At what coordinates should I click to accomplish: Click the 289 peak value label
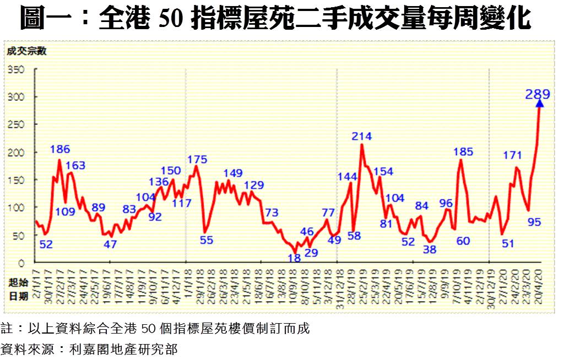(537, 94)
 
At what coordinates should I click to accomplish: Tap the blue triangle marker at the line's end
(540, 103)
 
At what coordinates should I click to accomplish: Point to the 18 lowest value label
(294, 257)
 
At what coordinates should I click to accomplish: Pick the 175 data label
(197, 160)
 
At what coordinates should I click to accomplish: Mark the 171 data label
(513, 155)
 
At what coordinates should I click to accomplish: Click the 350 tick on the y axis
(18, 70)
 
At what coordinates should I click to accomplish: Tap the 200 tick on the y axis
(18, 152)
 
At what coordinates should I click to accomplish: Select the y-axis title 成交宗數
(26, 52)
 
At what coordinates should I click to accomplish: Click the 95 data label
(534, 222)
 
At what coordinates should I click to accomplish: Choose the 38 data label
(430, 249)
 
